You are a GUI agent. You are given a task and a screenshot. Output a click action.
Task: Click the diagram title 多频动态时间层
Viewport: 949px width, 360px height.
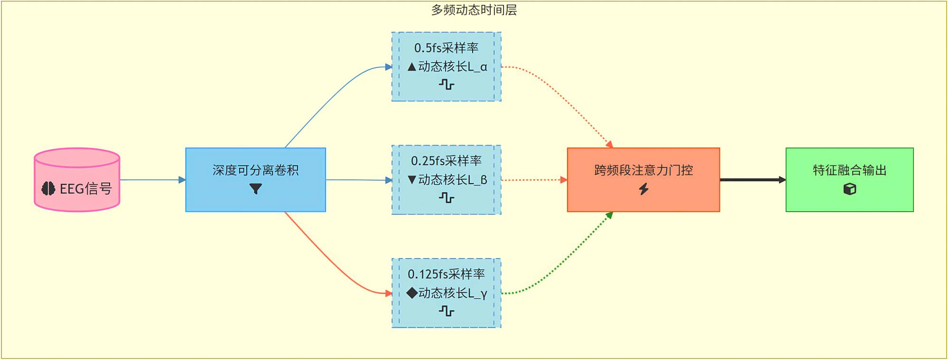474,10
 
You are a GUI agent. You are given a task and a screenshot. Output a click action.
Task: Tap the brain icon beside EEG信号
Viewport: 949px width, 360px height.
48,189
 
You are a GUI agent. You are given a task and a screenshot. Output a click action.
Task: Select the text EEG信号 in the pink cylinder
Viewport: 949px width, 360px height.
86,189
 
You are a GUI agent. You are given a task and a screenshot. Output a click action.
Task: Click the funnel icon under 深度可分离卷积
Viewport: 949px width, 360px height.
256,189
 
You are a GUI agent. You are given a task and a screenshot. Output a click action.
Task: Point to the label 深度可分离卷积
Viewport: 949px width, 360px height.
256,170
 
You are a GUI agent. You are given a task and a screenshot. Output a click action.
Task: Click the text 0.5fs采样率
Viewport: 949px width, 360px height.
446,48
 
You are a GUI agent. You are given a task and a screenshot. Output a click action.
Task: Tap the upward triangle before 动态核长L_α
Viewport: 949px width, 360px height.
412,67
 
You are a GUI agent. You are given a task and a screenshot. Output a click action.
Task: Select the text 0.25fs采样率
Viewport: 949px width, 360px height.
446,161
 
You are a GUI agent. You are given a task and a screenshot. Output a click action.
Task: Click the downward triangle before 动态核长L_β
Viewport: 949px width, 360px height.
412,180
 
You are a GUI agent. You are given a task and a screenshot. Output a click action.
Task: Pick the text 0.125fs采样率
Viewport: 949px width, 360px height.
446,274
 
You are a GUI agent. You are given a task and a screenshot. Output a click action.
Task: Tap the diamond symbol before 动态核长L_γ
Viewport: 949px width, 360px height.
412,293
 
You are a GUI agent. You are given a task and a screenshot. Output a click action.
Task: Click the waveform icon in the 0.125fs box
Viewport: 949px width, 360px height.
447,311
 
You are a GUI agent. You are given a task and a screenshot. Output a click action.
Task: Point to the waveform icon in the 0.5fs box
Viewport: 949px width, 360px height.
447,85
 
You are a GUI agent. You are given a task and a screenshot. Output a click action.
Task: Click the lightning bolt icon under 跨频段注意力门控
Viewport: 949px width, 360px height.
643,189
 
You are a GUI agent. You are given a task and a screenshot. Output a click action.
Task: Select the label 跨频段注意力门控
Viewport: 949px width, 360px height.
643,170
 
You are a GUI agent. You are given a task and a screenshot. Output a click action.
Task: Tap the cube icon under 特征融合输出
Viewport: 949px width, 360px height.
850,189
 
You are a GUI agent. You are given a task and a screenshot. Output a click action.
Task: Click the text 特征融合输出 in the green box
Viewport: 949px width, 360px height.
850,170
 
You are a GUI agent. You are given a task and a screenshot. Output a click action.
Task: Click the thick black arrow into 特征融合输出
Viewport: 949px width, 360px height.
753,180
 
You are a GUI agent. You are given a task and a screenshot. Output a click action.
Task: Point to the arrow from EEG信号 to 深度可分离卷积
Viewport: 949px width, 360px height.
152,180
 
